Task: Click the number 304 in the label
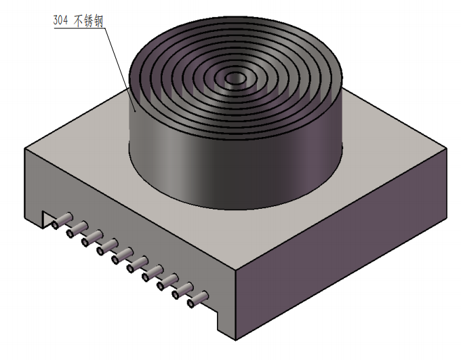click(x=60, y=20)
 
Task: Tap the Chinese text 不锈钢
click(x=89, y=21)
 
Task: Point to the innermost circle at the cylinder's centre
click(x=235, y=79)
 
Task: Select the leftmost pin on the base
click(x=62, y=220)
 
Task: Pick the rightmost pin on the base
click(x=198, y=300)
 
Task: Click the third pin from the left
click(x=92, y=238)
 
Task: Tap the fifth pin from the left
click(x=122, y=256)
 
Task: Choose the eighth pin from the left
click(x=167, y=282)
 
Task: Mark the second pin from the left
click(x=77, y=229)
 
